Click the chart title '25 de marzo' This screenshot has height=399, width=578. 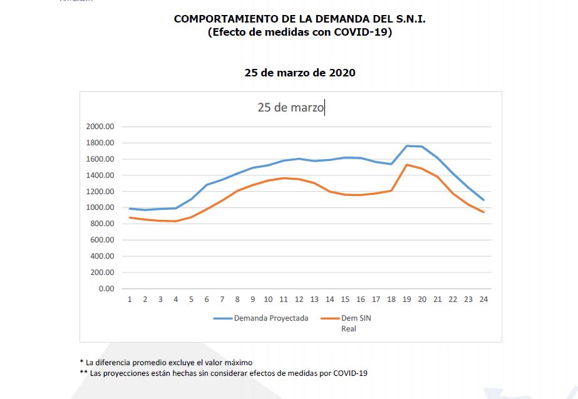pos(291,108)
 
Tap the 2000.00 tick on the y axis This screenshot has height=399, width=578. pos(101,127)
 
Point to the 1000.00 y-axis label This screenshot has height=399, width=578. pos(101,208)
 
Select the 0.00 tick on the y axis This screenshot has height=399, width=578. pos(106,289)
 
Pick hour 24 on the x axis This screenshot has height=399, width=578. pos(483,299)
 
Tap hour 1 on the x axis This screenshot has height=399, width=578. pos(130,299)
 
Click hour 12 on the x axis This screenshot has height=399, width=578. pos(299,299)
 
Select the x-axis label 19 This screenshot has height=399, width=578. pos(406,299)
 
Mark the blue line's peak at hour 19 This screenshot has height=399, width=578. pos(406,146)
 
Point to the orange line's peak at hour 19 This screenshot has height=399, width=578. pos(406,165)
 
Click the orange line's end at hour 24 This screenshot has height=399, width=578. pos(483,212)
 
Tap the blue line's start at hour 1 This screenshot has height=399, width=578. pos(130,209)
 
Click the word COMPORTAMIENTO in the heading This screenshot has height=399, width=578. pos(222,19)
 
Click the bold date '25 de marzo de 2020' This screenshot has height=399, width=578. pos(300,73)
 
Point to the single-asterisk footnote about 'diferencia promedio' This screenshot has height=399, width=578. pos(166,362)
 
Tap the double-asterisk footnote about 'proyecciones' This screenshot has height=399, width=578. pos(223,373)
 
